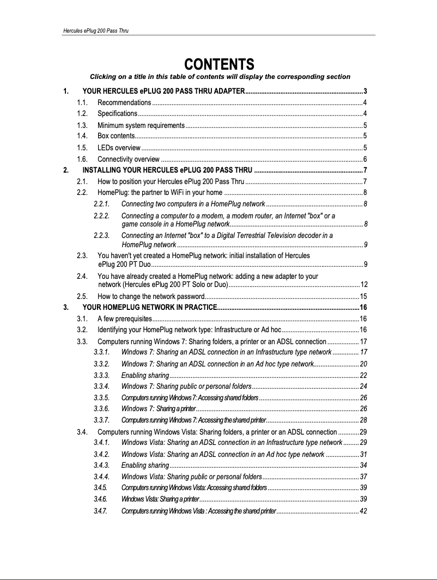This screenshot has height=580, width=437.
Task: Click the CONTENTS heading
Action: point(219,64)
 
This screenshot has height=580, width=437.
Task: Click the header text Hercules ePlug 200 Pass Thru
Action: point(95,31)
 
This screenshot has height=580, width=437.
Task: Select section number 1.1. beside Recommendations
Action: point(83,103)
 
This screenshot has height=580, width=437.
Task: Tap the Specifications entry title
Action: point(117,113)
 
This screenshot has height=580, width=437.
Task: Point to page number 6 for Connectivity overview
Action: point(365,159)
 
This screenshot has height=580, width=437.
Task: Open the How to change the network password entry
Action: point(150,297)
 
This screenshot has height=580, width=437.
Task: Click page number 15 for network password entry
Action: point(363,297)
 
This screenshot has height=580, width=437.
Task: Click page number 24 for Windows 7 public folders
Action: point(363,386)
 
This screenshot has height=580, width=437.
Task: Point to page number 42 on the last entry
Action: point(363,511)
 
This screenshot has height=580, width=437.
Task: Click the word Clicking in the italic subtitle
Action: point(104,76)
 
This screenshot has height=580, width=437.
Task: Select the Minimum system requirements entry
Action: point(141,125)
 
